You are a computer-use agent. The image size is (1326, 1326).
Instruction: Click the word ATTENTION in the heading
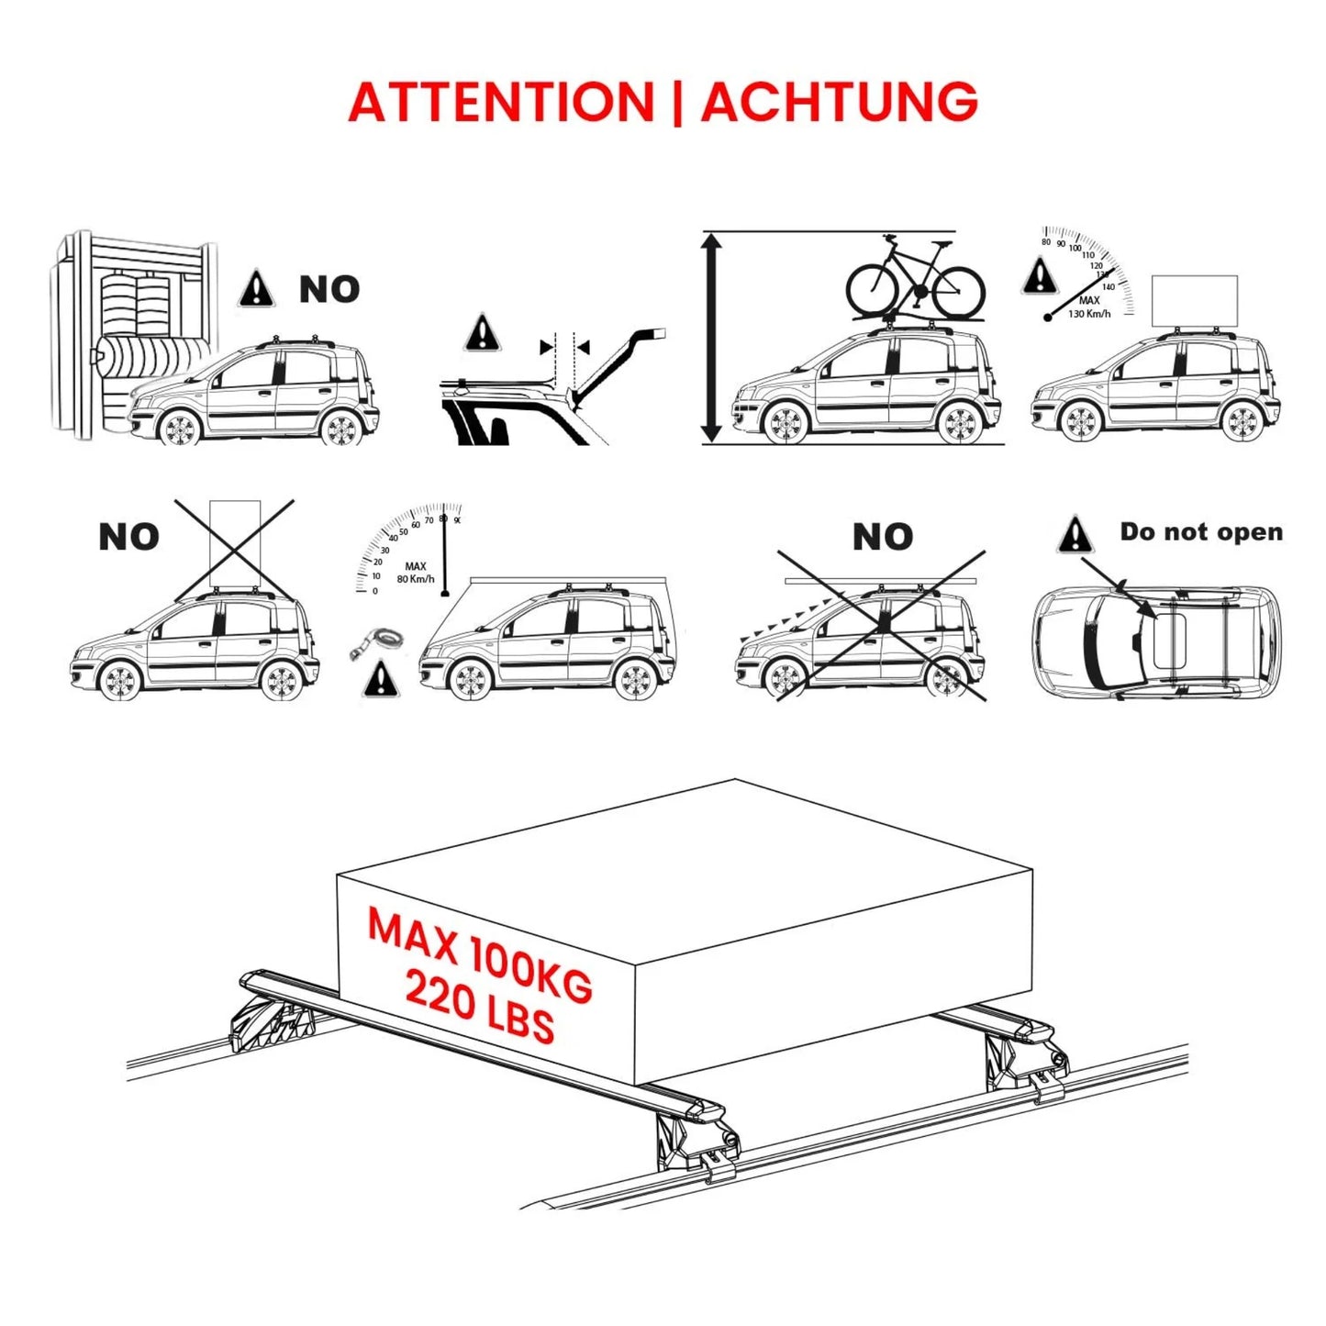pyautogui.click(x=501, y=102)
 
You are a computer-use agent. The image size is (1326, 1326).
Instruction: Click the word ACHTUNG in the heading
pyautogui.click(x=839, y=102)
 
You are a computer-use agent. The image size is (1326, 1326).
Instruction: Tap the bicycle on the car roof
pyautogui.click(x=915, y=276)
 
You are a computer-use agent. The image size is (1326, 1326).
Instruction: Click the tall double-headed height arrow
pyautogui.click(x=712, y=338)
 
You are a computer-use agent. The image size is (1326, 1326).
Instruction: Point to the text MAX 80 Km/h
pyautogui.click(x=416, y=573)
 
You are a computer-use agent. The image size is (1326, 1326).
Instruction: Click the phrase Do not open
pyautogui.click(x=1201, y=532)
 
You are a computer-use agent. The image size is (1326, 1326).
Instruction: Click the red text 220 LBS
pyautogui.click(x=480, y=1007)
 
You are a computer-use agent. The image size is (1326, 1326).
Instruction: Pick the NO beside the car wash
pyautogui.click(x=329, y=289)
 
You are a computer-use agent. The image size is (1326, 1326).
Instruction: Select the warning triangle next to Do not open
pyautogui.click(x=1075, y=535)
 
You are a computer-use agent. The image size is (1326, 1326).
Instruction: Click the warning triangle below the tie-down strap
pyautogui.click(x=380, y=680)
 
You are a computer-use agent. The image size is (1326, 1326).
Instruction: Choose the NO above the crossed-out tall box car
pyautogui.click(x=128, y=537)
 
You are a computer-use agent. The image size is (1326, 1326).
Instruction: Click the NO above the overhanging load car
pyautogui.click(x=883, y=537)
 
